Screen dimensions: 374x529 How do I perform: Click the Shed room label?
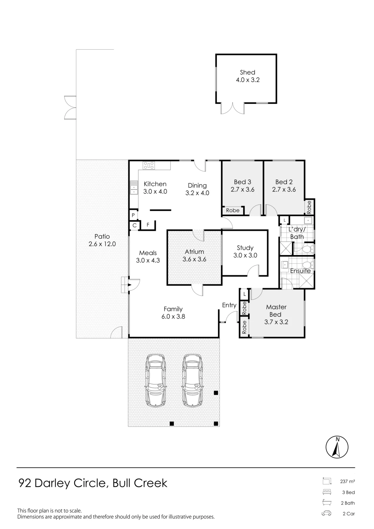click(248, 72)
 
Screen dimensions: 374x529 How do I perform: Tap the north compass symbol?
click(337, 447)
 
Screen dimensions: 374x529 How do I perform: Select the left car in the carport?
click(156, 380)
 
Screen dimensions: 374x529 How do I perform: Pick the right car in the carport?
click(193, 380)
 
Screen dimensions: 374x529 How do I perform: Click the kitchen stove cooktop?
click(149, 166)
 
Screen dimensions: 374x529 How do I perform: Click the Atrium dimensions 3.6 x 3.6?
click(194, 259)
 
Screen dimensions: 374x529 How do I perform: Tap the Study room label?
click(245, 248)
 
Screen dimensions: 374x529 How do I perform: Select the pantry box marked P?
click(133, 215)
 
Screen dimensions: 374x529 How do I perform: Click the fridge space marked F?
click(148, 225)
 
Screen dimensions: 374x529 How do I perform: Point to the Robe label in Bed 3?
click(233, 211)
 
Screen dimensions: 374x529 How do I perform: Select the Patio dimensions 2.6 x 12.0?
click(102, 244)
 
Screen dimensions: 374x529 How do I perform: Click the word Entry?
click(229, 305)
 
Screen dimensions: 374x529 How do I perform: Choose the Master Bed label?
click(276, 311)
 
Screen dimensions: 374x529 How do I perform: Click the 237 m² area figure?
click(348, 481)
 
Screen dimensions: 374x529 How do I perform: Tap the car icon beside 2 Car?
click(326, 514)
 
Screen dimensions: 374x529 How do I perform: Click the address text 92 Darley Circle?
click(62, 483)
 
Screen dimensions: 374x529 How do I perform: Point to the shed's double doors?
click(233, 108)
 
